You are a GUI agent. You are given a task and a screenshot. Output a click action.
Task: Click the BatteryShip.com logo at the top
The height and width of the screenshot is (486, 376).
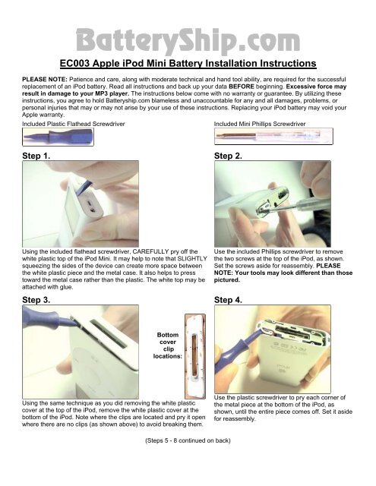pos(188,37)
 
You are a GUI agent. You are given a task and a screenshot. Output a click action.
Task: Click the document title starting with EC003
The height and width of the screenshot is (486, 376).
pos(188,63)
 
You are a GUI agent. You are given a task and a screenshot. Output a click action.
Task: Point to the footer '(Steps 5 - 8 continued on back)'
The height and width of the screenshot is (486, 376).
pos(188,438)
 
